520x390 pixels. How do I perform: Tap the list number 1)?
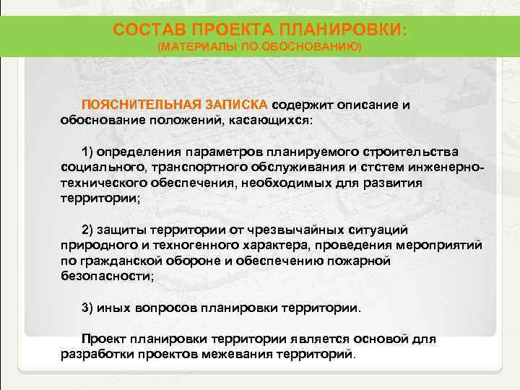[87, 152]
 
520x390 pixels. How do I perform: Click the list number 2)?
[87, 230]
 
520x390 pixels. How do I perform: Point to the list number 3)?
[87, 307]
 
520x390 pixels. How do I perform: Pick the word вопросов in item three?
[172, 307]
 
